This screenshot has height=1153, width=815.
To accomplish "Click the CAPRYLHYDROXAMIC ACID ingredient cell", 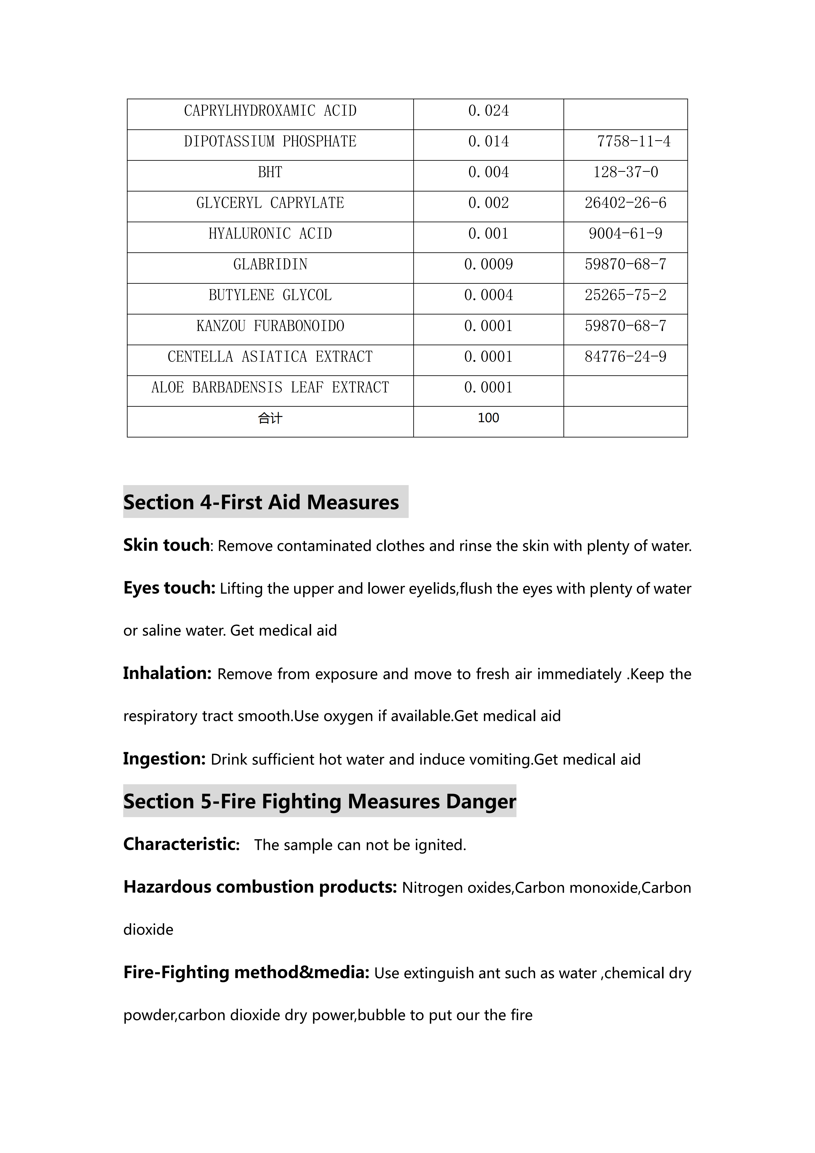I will pos(270,111).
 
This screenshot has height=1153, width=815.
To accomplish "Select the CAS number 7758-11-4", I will pos(633,141).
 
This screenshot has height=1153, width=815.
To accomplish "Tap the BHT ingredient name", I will pos(270,172).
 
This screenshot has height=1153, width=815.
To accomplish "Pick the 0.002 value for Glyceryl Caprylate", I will pos(488,203).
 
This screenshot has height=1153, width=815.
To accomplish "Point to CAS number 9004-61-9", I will pos(625,233).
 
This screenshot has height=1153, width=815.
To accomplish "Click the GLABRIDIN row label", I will pos(270,265).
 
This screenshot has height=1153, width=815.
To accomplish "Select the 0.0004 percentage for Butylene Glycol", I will pos(488,295).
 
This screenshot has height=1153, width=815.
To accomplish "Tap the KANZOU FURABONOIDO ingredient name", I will pos(270,326).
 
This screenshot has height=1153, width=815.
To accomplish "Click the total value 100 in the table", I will pos(488,418).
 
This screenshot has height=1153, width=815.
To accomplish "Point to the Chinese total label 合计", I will pos(270,418).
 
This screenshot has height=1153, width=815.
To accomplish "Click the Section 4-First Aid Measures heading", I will pos(261,502).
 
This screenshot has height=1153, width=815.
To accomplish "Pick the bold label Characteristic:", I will pos(181,844).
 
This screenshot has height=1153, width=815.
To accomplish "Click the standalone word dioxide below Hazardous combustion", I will pos(148,930).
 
